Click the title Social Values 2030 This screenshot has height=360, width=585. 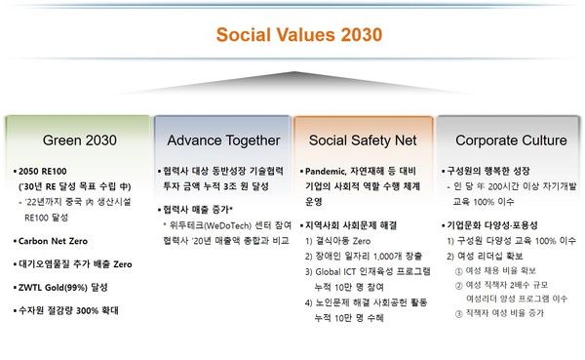(x=292, y=36)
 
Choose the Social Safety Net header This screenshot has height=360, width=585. (x=364, y=140)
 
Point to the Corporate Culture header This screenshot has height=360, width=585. (x=511, y=140)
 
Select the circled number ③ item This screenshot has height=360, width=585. (x=503, y=315)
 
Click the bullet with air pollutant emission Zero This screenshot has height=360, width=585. (x=74, y=263)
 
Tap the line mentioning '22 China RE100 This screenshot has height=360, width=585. (x=78, y=204)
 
